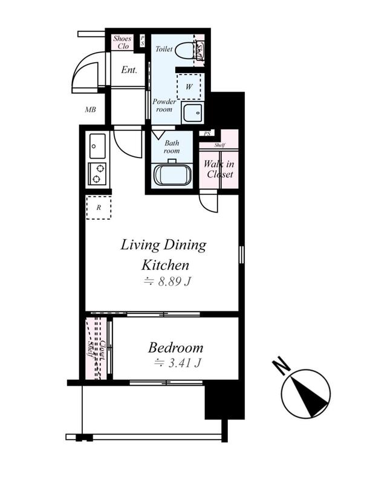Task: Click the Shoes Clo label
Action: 122,42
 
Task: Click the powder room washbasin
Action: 192,113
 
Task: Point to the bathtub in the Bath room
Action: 173,174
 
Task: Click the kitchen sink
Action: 97,146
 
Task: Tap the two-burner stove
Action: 97,173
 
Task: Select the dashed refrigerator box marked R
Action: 99,208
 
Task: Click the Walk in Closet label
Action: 219,169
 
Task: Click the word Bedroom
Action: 175,348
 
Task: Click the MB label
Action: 90,109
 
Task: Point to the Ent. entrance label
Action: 129,70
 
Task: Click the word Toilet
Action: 164,49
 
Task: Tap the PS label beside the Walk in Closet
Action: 207,133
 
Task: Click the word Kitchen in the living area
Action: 165,265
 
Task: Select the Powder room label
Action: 164,105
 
